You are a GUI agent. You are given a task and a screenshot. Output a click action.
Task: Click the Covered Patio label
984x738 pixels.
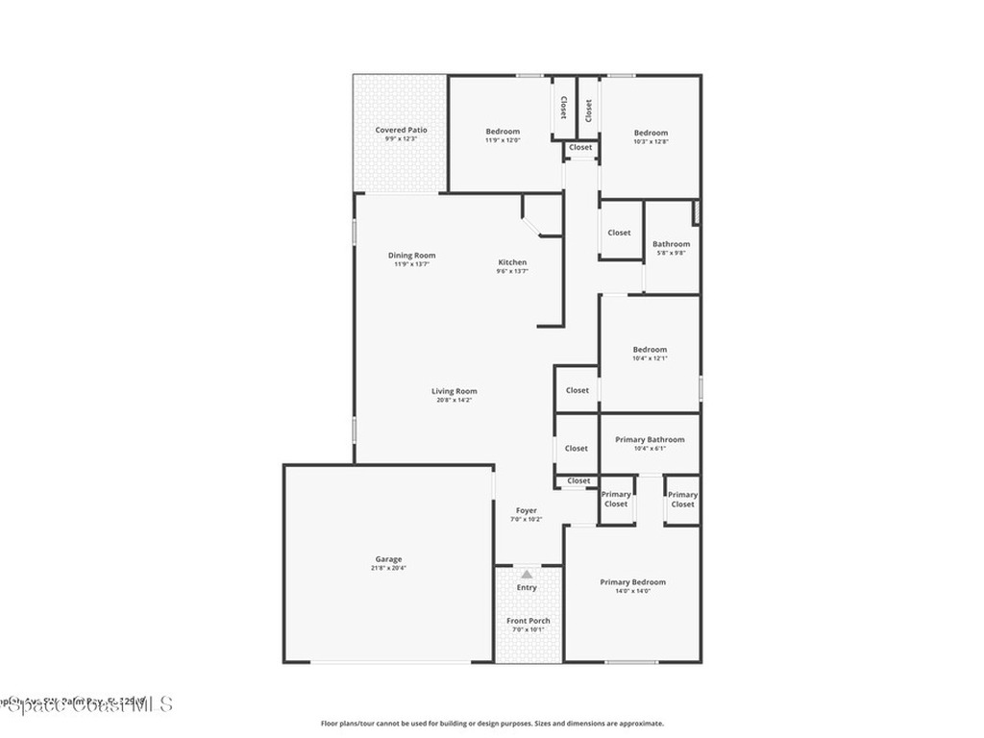pyautogui.click(x=401, y=130)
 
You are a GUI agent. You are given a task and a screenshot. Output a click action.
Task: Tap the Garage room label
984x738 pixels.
pyautogui.click(x=388, y=559)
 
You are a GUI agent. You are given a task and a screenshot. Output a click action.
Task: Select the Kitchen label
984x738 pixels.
pyautogui.click(x=512, y=262)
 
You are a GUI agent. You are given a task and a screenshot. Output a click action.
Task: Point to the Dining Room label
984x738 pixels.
pyautogui.click(x=411, y=256)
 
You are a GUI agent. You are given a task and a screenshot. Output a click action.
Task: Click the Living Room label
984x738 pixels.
pyautogui.click(x=454, y=391)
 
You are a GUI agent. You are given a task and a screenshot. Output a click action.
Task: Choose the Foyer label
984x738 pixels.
pyautogui.click(x=527, y=510)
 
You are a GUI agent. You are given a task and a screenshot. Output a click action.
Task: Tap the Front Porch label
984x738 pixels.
pyautogui.click(x=529, y=621)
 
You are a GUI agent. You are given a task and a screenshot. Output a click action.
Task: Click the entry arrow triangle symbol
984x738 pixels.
pyautogui.click(x=527, y=574)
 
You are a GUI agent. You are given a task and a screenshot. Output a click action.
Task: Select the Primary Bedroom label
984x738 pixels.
pyautogui.click(x=632, y=582)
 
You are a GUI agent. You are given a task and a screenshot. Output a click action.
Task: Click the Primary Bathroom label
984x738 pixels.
pyautogui.click(x=650, y=439)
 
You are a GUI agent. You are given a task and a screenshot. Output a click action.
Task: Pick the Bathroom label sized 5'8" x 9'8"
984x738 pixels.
pyautogui.click(x=671, y=244)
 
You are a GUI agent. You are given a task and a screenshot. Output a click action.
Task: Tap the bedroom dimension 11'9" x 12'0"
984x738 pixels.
pyautogui.click(x=503, y=140)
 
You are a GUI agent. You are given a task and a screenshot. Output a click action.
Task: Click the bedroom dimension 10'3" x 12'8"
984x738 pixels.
pyautogui.click(x=651, y=141)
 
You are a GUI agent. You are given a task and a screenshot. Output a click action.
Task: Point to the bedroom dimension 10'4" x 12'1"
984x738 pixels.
pyautogui.click(x=650, y=358)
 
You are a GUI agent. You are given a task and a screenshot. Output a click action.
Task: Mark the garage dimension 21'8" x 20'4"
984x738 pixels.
pyautogui.click(x=388, y=568)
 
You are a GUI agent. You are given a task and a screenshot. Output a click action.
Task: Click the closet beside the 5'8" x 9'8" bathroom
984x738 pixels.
pyautogui.click(x=619, y=233)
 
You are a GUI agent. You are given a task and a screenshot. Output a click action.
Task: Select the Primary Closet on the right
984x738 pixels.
pyautogui.click(x=682, y=500)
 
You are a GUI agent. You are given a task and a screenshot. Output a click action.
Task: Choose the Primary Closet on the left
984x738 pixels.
pyautogui.click(x=616, y=500)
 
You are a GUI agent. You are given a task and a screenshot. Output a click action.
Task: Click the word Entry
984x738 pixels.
pyautogui.click(x=527, y=587)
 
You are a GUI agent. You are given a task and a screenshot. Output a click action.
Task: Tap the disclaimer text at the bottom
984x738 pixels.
pyautogui.click(x=491, y=724)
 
